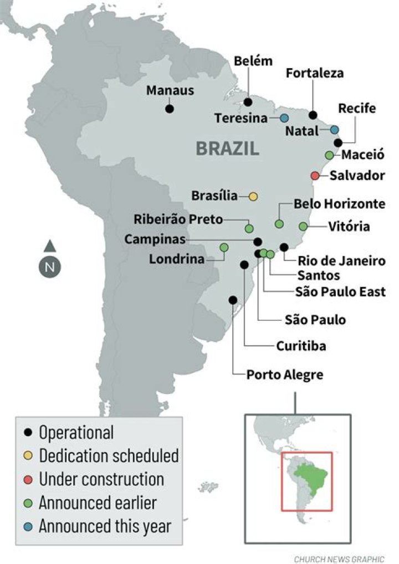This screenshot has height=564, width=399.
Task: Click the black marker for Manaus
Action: pos(170,109)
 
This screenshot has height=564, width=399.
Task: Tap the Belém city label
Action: pos(253,61)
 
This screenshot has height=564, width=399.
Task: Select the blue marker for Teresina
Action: pos(284,118)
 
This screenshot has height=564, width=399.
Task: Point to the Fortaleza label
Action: pos(315,73)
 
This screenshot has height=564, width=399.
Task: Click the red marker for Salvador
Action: pos(315,176)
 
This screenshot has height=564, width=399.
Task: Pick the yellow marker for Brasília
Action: pos(253,196)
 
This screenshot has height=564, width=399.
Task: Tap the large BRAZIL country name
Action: pos(227,148)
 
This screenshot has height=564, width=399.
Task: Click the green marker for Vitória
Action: pos(303,226)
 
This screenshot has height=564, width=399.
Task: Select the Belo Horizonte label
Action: pos(339,204)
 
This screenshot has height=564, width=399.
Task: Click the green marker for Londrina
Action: pos(224,247)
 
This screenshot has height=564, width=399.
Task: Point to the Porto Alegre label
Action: pos(285,375)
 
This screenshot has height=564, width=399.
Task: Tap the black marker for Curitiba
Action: pos(244,265)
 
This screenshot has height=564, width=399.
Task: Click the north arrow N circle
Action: pos(49,267)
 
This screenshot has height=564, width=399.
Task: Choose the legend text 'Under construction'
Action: pos(101,479)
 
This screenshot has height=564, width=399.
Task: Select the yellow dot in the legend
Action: pos(28,456)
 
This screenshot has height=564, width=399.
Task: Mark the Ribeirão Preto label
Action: pos(178,219)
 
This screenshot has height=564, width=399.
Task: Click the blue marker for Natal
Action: pos(334,130)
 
